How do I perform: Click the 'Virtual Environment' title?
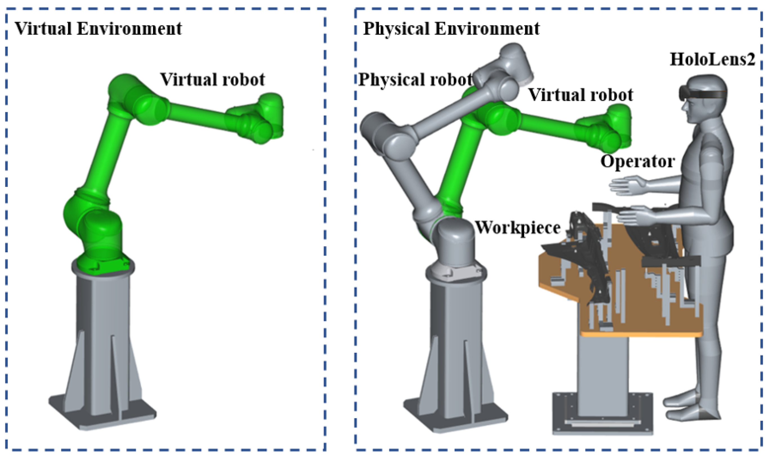point(98,29)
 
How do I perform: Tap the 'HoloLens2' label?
point(712,59)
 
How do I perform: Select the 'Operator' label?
point(637,161)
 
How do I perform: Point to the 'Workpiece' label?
point(518,228)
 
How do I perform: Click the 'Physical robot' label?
point(415,80)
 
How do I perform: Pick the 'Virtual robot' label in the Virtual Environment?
point(212,80)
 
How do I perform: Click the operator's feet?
point(691,412)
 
